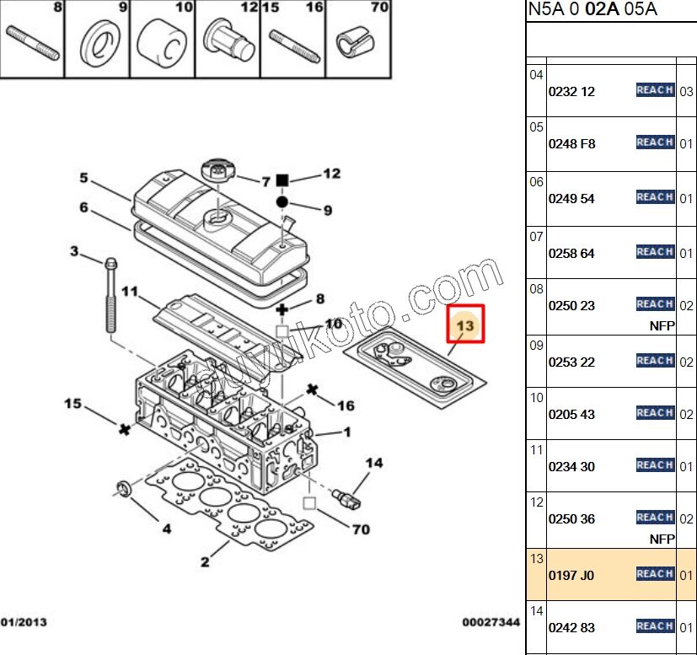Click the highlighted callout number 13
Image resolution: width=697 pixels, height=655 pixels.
[465, 325]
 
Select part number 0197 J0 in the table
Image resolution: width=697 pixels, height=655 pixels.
[571, 576]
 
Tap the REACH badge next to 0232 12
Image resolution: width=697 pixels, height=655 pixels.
[655, 90]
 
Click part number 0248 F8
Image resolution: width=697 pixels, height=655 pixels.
[571, 144]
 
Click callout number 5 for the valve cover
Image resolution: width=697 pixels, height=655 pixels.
[83, 178]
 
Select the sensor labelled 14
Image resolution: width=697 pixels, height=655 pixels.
[346, 494]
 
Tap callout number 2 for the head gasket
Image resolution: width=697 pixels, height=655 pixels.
[205, 562]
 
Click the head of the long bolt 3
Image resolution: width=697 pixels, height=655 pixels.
[110, 264]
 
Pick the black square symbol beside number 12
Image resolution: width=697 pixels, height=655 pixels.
[283, 180]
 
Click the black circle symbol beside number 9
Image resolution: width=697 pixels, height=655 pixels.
[282, 202]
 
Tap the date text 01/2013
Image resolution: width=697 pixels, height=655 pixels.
[23, 623]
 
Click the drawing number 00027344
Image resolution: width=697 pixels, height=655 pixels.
[491, 623]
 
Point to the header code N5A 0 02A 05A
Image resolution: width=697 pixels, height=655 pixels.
[592, 10]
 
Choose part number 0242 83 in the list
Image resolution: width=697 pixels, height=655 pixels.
[571, 628]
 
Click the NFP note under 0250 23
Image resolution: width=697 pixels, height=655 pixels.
[662, 325]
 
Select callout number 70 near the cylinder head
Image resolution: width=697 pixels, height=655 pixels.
[361, 530]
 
